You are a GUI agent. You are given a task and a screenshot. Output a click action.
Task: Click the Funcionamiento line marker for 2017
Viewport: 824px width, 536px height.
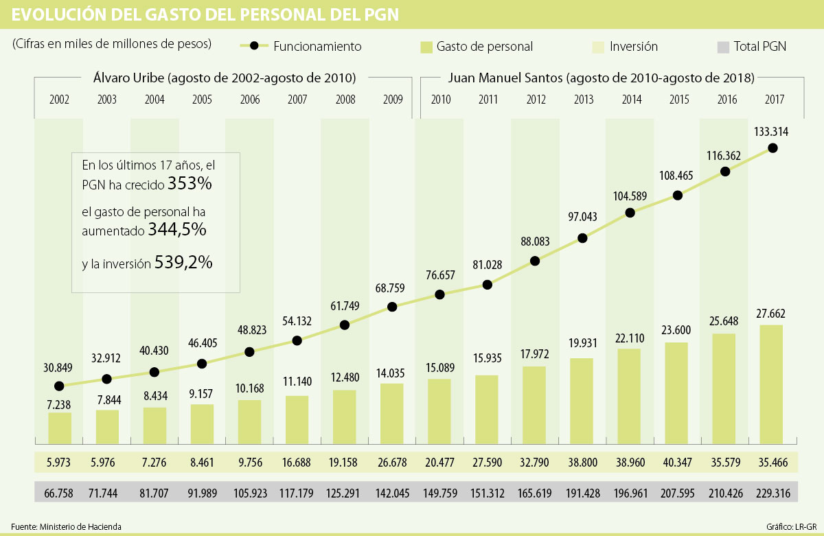tap(772, 148)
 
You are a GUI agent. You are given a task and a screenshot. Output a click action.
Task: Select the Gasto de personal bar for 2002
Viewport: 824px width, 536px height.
tap(59, 427)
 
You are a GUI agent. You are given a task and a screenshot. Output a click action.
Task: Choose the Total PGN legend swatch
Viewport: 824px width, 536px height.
tap(722, 47)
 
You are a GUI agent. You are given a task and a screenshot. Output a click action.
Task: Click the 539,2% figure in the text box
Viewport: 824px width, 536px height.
tap(183, 261)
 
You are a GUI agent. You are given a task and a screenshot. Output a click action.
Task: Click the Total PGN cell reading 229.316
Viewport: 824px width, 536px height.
tap(772, 492)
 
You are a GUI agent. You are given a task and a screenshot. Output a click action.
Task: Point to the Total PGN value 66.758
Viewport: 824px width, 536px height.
tap(59, 492)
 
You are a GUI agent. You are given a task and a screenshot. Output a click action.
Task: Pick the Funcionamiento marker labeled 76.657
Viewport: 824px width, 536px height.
tap(440, 294)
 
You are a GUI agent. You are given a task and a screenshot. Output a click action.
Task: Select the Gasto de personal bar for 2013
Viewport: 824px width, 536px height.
tap(582, 400)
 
